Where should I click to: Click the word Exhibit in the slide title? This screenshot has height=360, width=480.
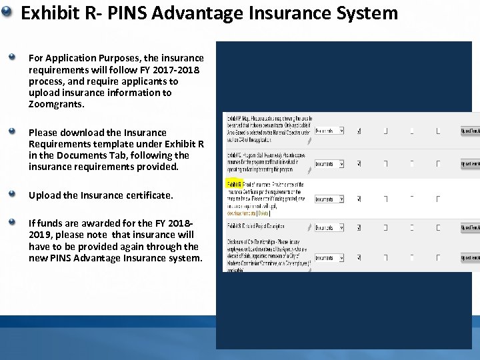pos(49,13)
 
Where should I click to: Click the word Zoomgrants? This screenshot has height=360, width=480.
pos(57,105)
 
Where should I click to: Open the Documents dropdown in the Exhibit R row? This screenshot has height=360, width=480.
pos(329,199)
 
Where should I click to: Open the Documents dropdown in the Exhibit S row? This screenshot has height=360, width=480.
pos(329,228)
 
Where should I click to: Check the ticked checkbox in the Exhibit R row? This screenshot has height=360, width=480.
pos(359,199)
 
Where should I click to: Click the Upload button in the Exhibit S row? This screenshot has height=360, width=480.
pos(470,228)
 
